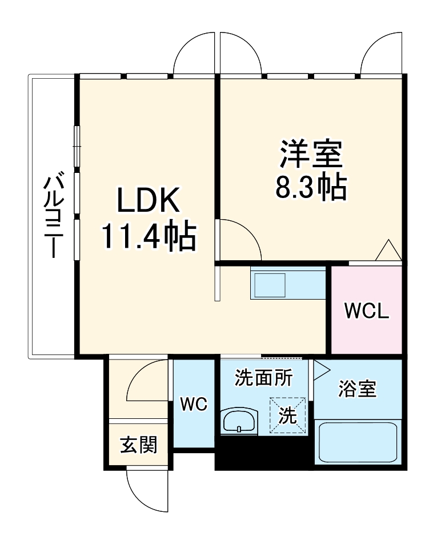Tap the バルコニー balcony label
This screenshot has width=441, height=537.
click(53, 217)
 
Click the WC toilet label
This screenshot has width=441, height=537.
click(194, 404)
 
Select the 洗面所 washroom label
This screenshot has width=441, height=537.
click(264, 377)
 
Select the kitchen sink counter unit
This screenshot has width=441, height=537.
click(287, 283)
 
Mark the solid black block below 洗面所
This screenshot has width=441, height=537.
click(263, 453)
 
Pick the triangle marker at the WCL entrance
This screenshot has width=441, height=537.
click(389, 251)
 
